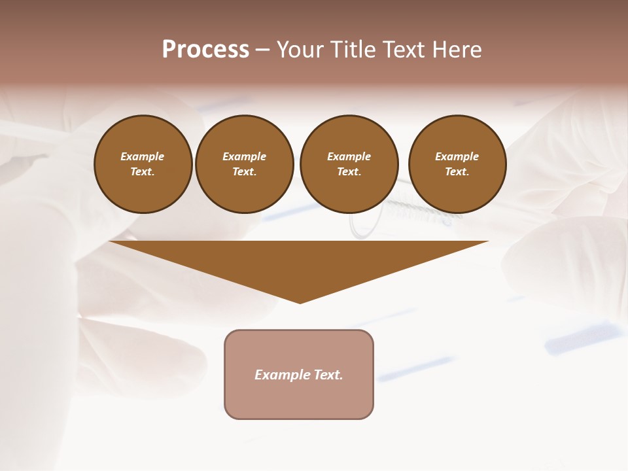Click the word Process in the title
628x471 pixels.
pos(205,50)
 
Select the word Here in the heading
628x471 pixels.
pos(458,50)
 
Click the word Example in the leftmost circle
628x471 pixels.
pos(143,156)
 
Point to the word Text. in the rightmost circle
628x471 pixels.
pos(457,171)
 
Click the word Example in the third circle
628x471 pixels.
pos(349,156)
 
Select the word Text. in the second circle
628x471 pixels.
pos(244,171)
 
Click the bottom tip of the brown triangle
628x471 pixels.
pos(300,302)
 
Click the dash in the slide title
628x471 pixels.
pos(262,50)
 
